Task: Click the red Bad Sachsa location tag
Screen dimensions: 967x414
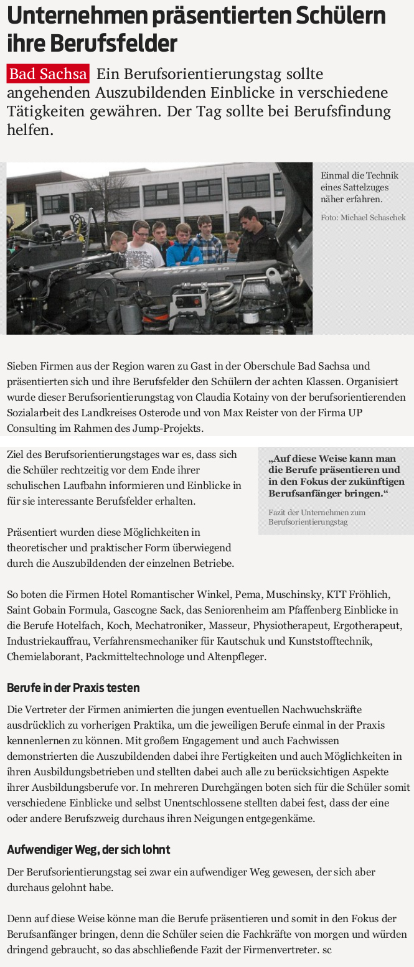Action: pos(48,75)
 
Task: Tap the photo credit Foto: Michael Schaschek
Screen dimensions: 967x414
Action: pos(363,217)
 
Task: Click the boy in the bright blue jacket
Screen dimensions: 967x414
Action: pos(184,248)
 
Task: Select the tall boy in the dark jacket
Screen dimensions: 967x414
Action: pos(252,233)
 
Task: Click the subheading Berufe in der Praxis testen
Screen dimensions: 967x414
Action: pos(73,688)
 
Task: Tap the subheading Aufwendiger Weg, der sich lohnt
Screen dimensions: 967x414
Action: pos(88,849)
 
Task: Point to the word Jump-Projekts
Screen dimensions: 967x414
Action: pos(172,427)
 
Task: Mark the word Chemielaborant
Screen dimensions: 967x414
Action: pos(44,656)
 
